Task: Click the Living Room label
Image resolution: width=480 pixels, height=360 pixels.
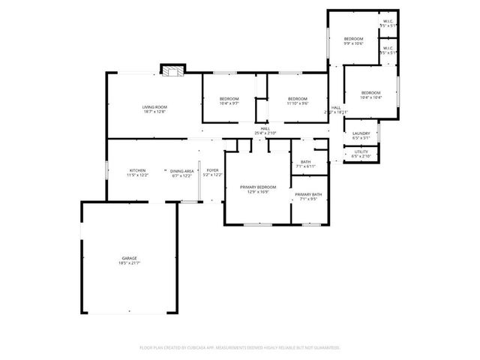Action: pos(154,107)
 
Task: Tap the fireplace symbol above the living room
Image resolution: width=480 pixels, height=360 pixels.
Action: pos(172,70)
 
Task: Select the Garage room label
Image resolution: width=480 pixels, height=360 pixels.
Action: pos(130,258)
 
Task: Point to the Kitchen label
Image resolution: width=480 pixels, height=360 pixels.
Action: pos(137,170)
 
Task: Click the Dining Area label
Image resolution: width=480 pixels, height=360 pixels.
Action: pos(181,170)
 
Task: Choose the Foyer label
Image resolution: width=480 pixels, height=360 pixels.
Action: pos(213,170)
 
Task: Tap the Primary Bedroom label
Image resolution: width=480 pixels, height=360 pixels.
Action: pos(258,187)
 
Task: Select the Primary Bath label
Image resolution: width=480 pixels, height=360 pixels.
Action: pos(308,194)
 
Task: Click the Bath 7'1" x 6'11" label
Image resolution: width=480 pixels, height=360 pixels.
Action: pos(306,161)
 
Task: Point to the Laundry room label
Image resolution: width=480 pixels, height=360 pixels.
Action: pos(361,133)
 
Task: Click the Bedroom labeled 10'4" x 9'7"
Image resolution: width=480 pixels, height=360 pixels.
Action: pos(229,99)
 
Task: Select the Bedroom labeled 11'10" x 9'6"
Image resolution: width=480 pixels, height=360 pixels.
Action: pos(298,99)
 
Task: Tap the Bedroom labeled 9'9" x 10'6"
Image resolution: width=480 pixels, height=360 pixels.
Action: pos(353,39)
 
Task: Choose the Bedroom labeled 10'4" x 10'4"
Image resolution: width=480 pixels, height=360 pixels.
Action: pos(370,93)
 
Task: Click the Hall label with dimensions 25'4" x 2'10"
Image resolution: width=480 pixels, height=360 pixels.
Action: pos(265,128)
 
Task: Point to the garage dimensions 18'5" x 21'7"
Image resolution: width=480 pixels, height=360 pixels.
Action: pos(130,263)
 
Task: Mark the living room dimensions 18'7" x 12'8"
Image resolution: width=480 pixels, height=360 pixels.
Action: pos(154,112)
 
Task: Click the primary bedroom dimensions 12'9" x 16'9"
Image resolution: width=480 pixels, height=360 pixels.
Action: pos(258,192)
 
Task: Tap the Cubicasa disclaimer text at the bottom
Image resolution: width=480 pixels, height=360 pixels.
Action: pos(240,347)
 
